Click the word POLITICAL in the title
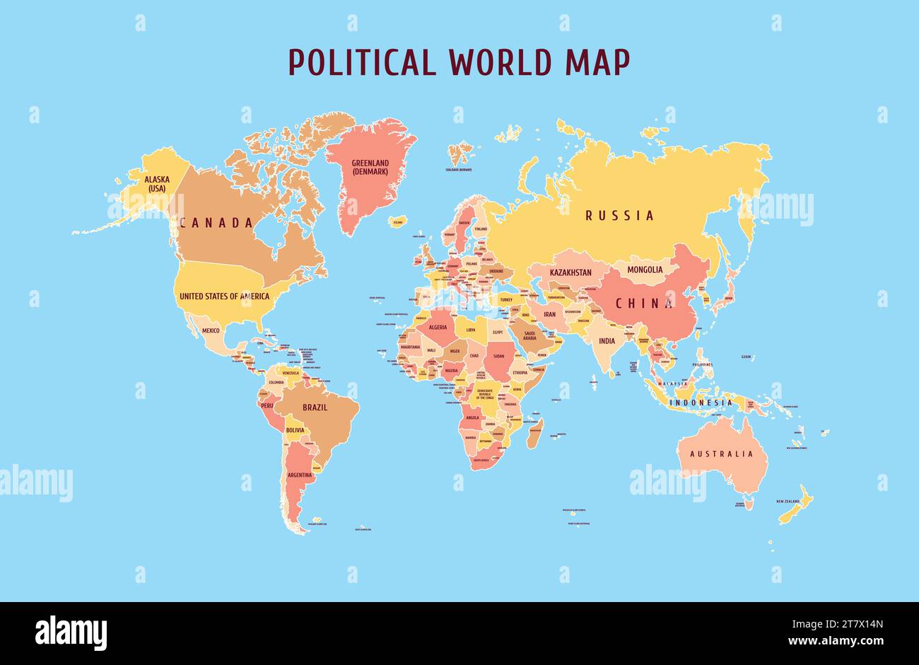(362, 62)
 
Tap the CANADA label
(216, 223)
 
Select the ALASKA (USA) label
(156, 184)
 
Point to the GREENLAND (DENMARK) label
(370, 168)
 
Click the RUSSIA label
(619, 216)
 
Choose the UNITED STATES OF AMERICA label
(224, 296)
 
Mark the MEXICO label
(211, 330)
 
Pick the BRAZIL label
(315, 407)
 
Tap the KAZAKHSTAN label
(570, 272)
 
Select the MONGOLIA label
(645, 270)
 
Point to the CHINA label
(644, 303)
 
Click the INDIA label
(607, 340)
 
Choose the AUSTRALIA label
(721, 454)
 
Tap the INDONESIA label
(701, 403)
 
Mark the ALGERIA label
(438, 328)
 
